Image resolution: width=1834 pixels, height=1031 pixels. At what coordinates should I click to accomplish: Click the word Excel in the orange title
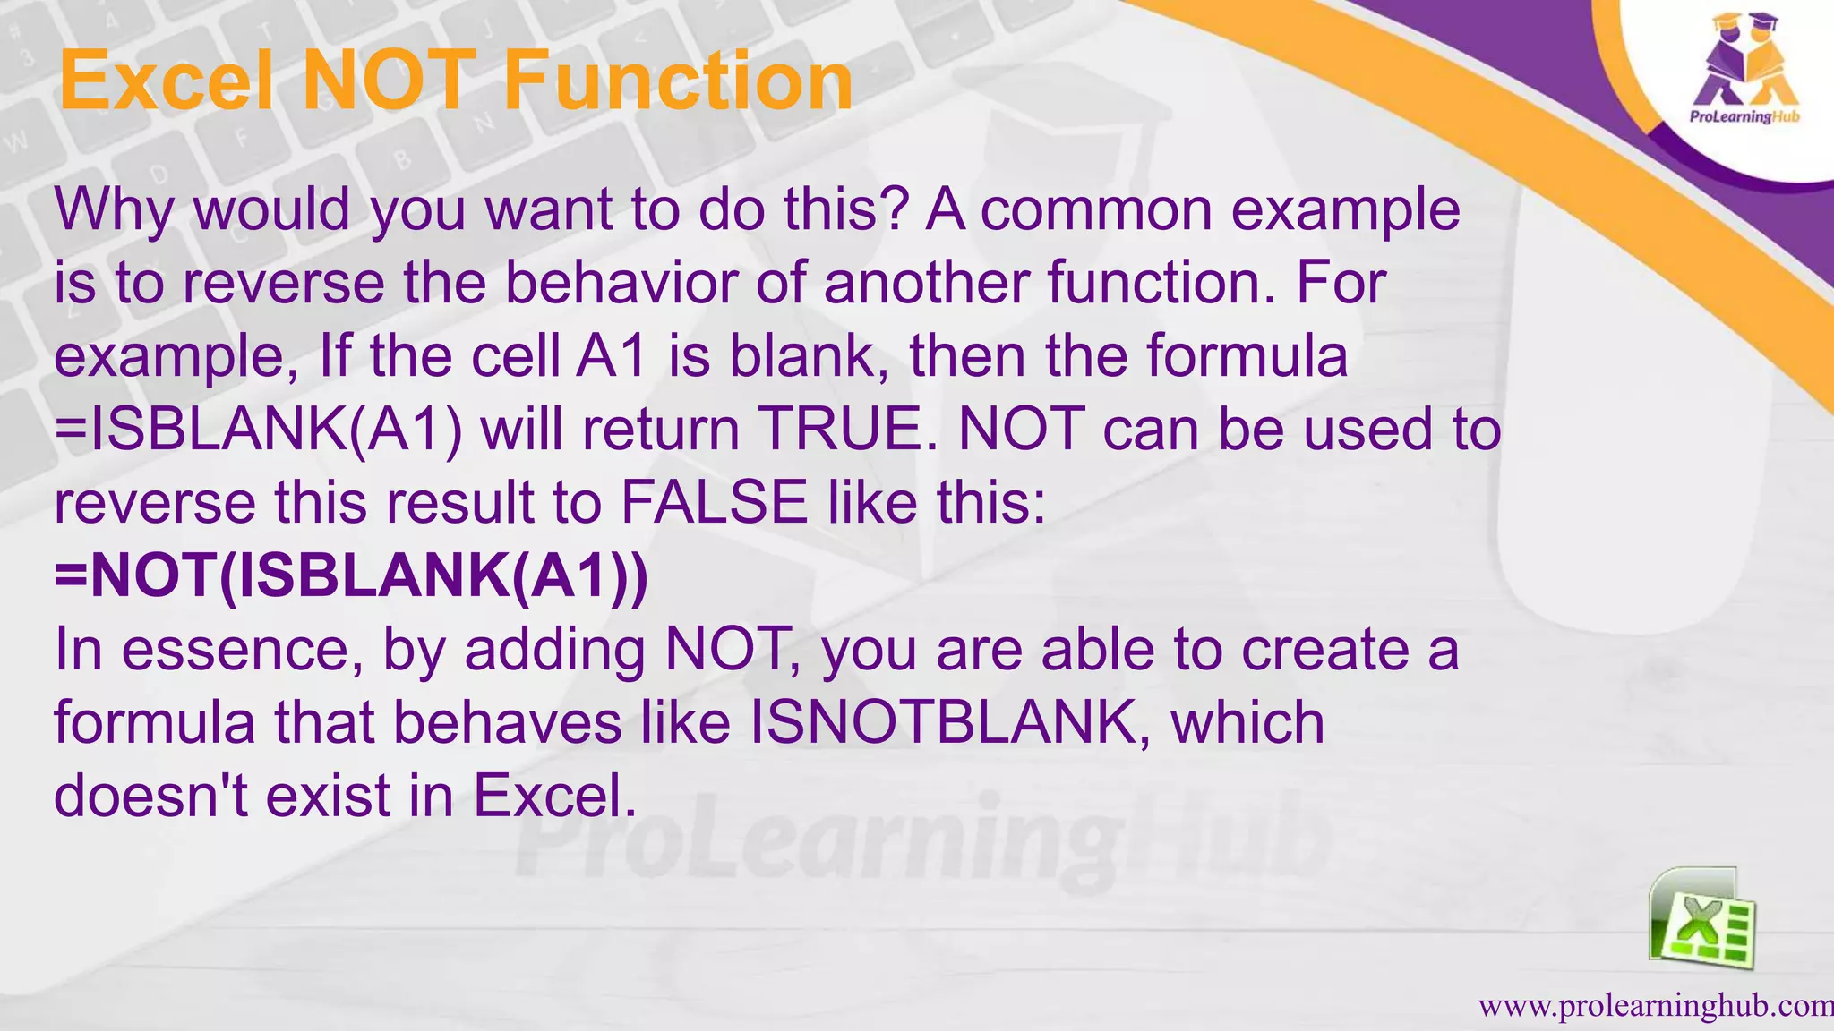pos(165,81)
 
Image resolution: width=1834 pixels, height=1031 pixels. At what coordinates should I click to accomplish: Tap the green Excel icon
pos(1701,919)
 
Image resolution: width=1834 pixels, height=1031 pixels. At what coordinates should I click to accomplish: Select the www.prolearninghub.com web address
pos(1655,1006)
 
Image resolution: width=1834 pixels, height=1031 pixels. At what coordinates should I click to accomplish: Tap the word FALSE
pos(714,502)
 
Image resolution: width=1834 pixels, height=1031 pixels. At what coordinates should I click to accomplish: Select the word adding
pos(554,652)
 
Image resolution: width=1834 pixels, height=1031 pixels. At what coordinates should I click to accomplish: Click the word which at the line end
pos(1247,722)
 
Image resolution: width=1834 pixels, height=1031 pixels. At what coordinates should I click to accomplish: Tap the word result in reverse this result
pos(460,502)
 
